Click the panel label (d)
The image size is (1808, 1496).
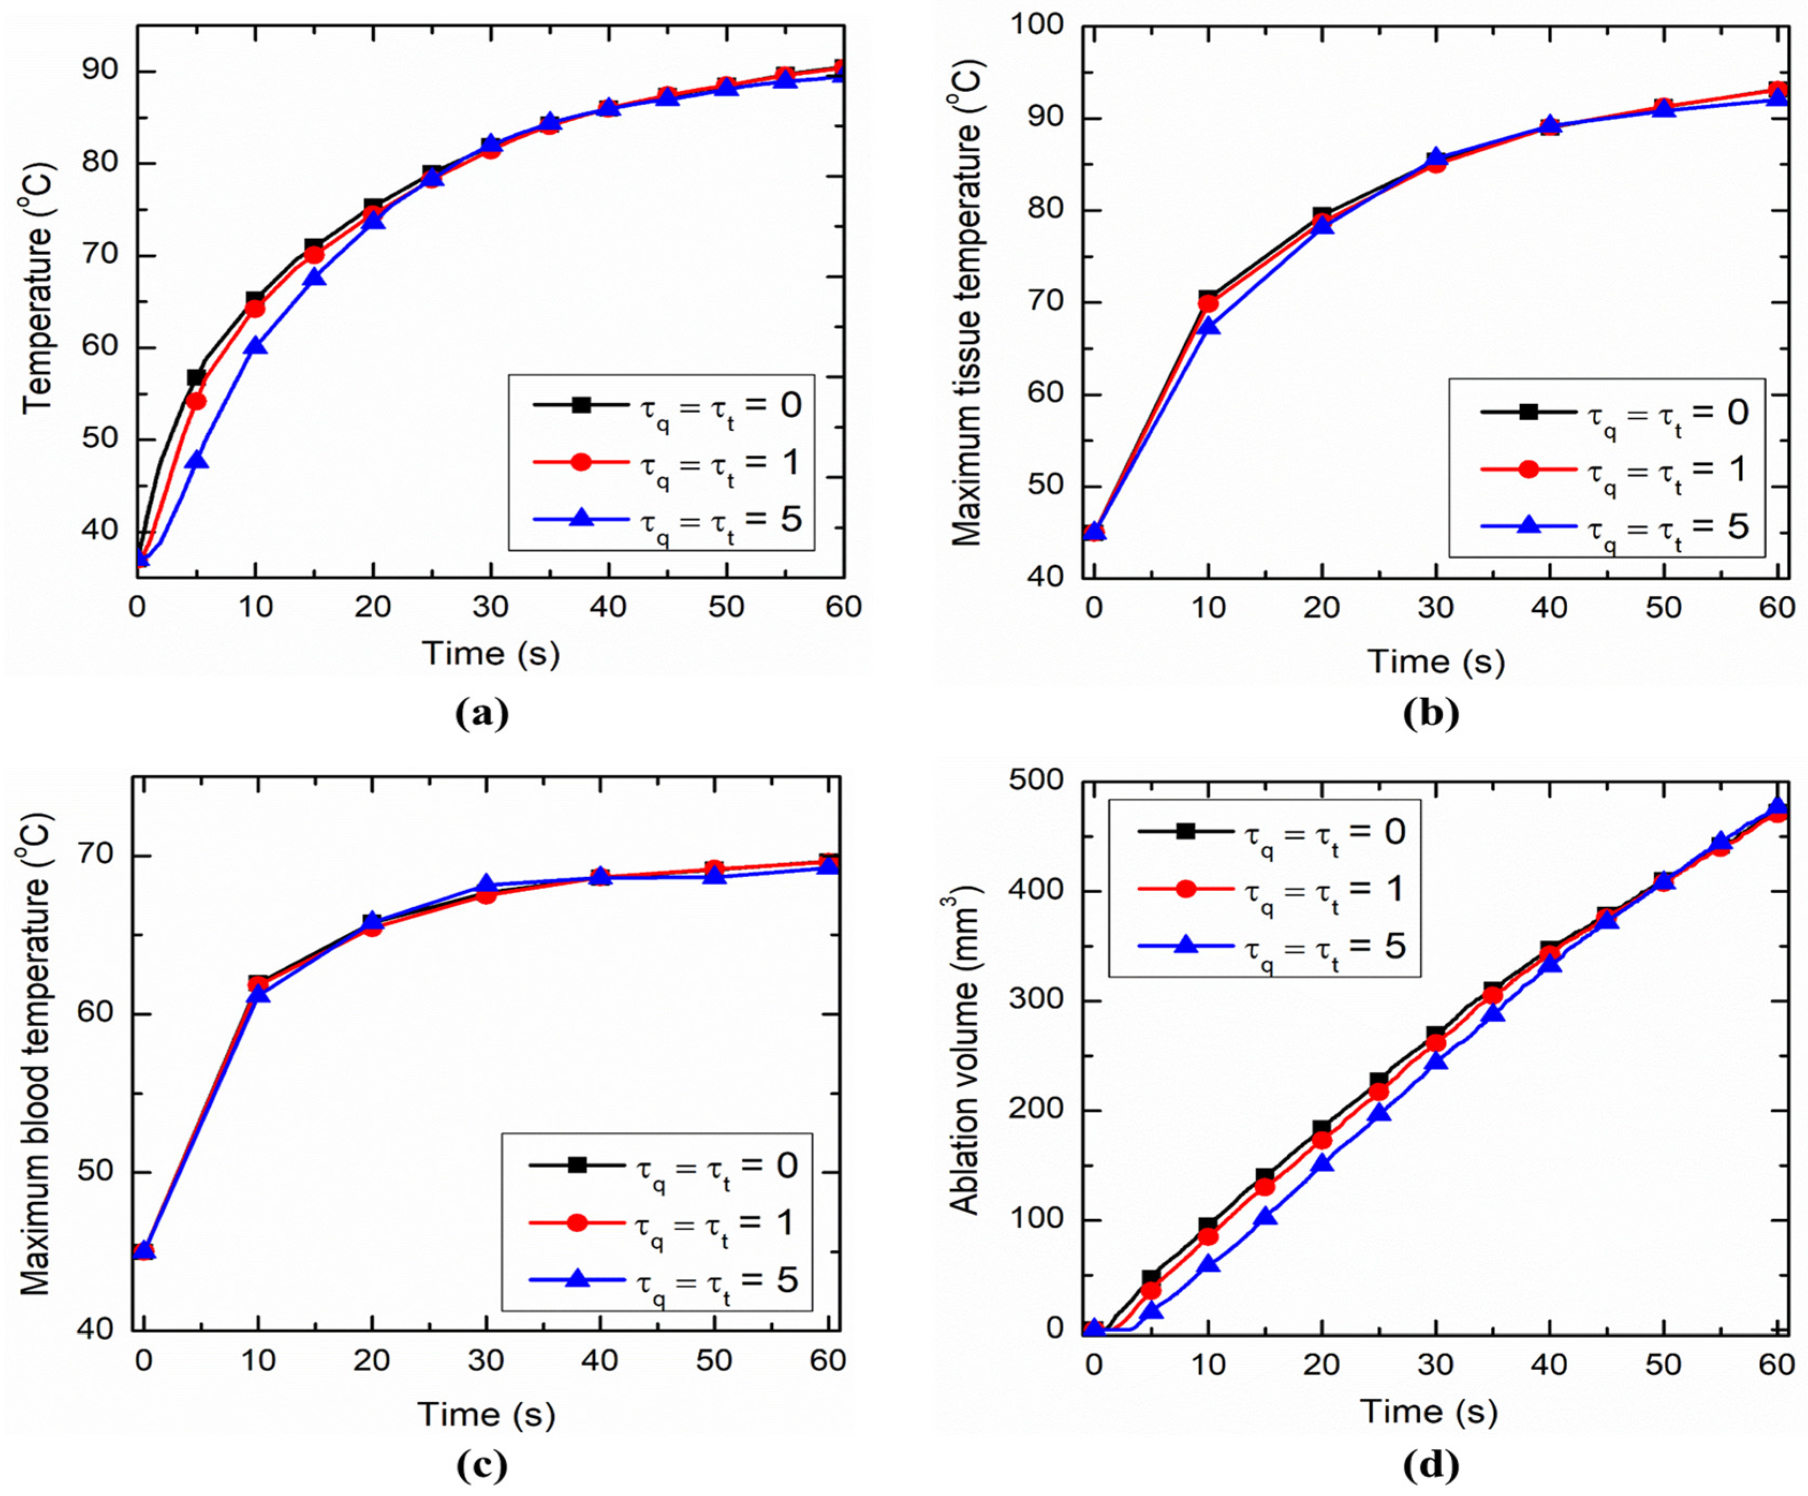tap(1431, 1464)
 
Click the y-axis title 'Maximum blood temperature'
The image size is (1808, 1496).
tap(36, 1054)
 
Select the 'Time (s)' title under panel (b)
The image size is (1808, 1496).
tap(1436, 662)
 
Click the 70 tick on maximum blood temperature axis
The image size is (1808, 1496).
tap(97, 855)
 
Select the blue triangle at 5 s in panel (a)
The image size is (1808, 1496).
tap(197, 460)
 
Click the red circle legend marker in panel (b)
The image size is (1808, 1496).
tap(1529, 469)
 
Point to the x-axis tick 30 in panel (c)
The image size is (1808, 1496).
tap(486, 1361)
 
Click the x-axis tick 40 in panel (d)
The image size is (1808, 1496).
tap(1549, 1364)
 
